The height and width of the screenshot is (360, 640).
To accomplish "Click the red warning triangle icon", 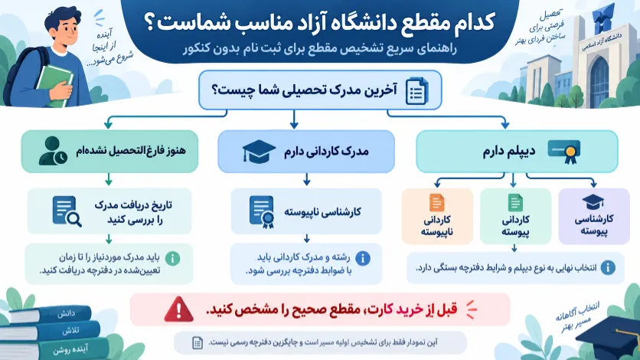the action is (178, 309).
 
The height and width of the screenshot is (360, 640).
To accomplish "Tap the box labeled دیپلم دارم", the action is (517, 152).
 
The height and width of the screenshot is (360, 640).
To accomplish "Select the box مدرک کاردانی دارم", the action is (306, 152).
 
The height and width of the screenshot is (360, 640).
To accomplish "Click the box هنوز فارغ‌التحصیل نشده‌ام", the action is (109, 152).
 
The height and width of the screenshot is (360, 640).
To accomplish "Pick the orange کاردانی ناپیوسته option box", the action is (437, 216).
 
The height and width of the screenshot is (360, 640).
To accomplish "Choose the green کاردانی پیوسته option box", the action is (515, 216).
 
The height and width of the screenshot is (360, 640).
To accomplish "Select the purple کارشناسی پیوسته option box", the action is (594, 216).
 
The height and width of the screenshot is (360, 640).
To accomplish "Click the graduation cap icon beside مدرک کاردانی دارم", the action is (258, 152).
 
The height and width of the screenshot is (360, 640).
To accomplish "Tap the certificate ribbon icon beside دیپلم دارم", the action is (564, 152).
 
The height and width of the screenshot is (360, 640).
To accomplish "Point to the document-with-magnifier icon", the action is (67, 211).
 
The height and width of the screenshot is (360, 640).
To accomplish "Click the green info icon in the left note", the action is (173, 258).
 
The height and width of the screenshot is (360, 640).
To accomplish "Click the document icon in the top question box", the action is (416, 91).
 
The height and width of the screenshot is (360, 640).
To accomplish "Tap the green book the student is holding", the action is (54, 85).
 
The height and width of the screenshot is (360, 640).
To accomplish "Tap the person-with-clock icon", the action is (53, 151).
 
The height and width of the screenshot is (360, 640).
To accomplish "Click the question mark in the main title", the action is (150, 22).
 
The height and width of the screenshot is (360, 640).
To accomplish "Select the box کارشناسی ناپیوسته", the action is (306, 211).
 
